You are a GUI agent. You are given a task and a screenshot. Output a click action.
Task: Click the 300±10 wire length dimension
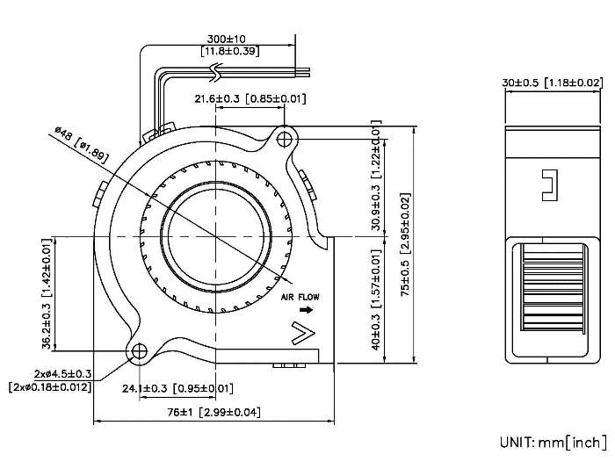[x=227, y=40]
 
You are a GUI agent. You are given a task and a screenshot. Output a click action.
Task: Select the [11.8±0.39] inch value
[x=228, y=53]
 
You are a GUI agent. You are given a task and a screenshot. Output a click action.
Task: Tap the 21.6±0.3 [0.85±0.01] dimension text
[x=250, y=98]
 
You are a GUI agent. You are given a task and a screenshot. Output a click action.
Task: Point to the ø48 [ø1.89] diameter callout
[x=82, y=143]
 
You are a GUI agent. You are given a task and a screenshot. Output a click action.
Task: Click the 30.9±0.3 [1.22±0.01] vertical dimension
[x=377, y=180]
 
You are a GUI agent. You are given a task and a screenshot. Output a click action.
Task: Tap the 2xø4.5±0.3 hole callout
[x=63, y=372]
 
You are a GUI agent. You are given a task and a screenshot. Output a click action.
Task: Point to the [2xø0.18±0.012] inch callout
[x=50, y=386]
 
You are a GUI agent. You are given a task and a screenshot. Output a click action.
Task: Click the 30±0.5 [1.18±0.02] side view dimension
[x=553, y=83]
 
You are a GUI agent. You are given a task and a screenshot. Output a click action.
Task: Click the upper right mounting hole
[x=285, y=138]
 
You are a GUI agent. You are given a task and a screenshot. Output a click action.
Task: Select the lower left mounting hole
[x=140, y=351]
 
